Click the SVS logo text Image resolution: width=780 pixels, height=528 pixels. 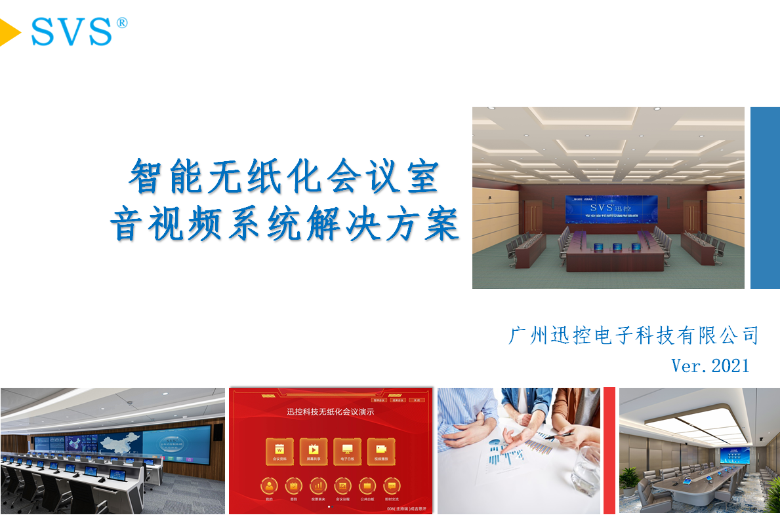[x=72, y=32]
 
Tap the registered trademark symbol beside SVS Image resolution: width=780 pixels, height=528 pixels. [x=122, y=23]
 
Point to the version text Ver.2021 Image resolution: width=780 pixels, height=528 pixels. [x=710, y=365]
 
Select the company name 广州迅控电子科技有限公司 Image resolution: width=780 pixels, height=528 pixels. [x=634, y=336]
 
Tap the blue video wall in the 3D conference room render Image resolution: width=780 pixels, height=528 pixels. [x=608, y=208]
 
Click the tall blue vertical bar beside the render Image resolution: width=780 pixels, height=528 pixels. [x=765, y=197]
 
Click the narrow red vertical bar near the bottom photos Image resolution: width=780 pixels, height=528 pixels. [x=609, y=450]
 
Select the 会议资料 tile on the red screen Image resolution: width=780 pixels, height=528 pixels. [x=279, y=451]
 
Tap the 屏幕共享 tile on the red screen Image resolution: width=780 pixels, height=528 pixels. [x=313, y=451]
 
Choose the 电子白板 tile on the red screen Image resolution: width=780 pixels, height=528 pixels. [x=347, y=451]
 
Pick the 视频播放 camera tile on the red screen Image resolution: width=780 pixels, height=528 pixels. [x=381, y=451]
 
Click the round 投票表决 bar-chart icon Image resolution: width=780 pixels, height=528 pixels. [x=318, y=486]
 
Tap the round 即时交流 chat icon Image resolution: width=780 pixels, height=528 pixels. [x=392, y=486]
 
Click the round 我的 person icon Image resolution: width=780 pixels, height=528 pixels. [x=269, y=486]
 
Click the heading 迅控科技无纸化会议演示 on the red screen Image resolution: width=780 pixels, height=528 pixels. [x=330, y=412]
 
